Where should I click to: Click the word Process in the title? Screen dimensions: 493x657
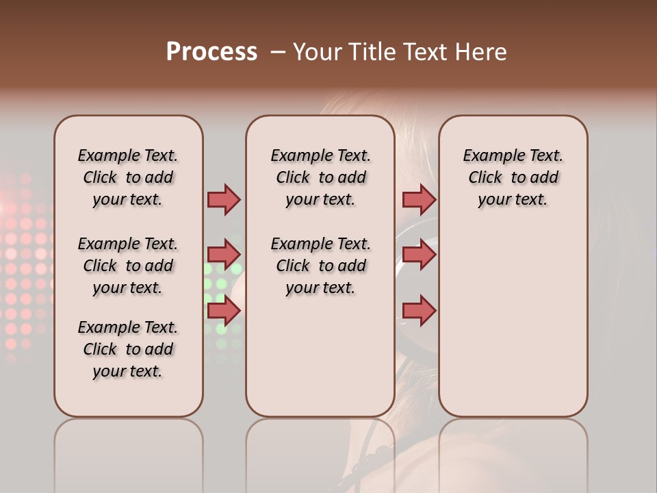pyautogui.click(x=211, y=52)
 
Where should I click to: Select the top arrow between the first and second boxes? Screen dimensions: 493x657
pyautogui.click(x=224, y=199)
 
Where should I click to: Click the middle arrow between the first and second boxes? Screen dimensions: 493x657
pyautogui.click(x=224, y=255)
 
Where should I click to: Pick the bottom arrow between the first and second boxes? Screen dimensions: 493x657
pyautogui.click(x=224, y=311)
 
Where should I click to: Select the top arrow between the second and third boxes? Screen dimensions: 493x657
pyautogui.click(x=419, y=199)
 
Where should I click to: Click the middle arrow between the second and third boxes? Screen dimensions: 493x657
pyautogui.click(x=419, y=255)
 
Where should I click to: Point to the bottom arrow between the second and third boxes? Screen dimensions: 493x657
pyautogui.click(x=419, y=311)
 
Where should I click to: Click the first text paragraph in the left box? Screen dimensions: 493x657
pyautogui.click(x=128, y=177)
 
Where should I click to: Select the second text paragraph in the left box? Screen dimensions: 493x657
pyautogui.click(x=128, y=266)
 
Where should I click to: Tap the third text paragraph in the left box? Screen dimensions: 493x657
pyautogui.click(x=128, y=349)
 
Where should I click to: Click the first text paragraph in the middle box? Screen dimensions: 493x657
pyautogui.click(x=320, y=177)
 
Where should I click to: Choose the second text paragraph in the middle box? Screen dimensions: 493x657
pyautogui.click(x=320, y=266)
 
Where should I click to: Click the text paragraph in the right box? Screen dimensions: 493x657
pyautogui.click(x=513, y=177)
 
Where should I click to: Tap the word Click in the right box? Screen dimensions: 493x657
pyautogui.click(x=485, y=178)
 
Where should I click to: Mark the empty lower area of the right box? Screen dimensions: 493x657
pyautogui.click(x=513, y=322)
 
